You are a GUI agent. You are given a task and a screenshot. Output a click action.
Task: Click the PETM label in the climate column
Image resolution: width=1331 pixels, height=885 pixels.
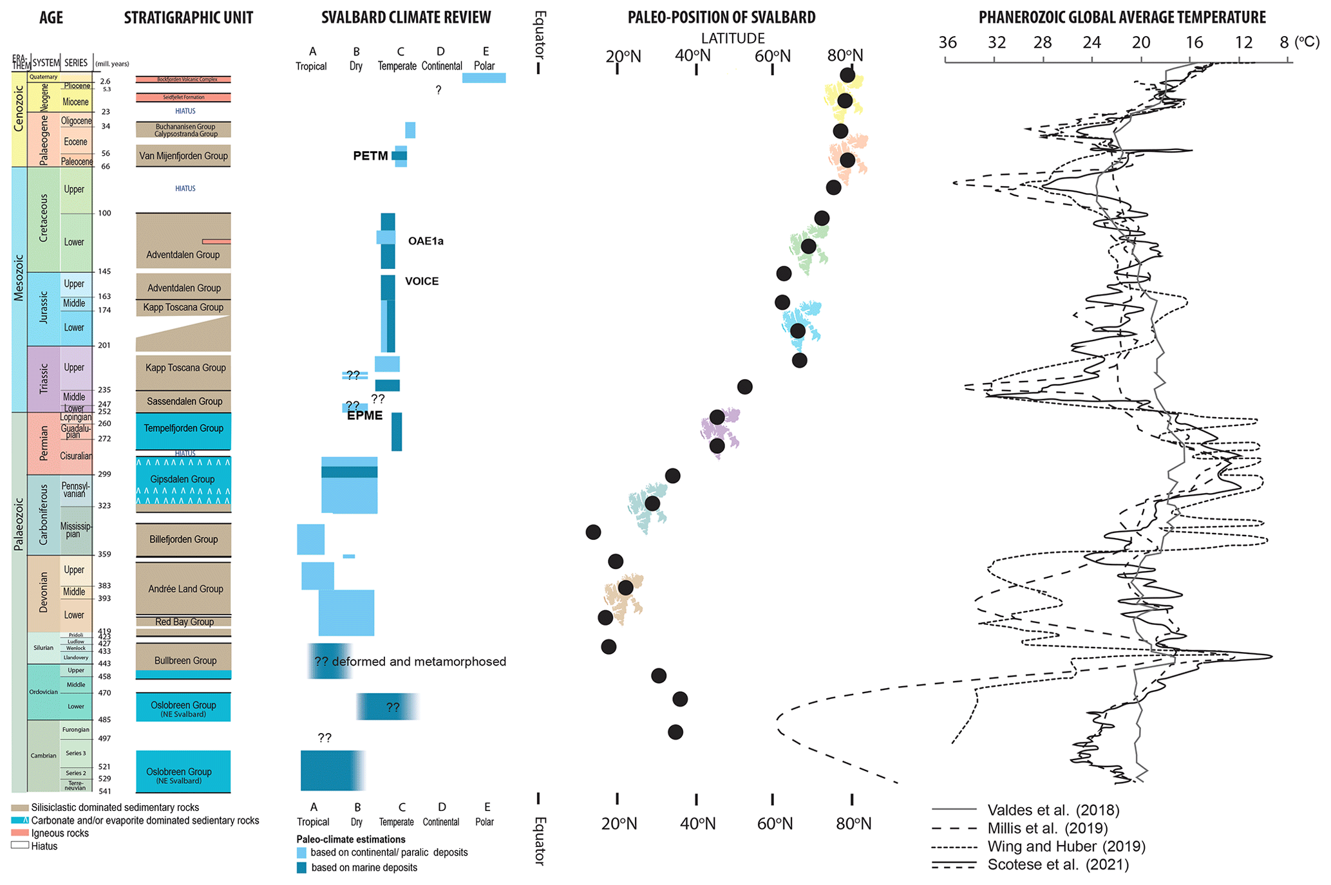[370, 156]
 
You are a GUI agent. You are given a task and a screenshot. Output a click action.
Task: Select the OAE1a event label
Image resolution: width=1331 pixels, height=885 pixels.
[426, 241]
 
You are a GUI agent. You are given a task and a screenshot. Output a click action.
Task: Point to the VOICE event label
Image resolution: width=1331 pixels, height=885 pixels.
[422, 281]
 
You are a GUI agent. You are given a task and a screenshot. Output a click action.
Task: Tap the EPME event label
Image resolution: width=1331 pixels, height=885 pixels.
[364, 416]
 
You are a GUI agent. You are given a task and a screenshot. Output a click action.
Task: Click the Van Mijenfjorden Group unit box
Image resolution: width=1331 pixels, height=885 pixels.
[184, 156]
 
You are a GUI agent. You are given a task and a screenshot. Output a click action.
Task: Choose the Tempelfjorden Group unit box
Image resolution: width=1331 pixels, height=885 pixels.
[184, 429]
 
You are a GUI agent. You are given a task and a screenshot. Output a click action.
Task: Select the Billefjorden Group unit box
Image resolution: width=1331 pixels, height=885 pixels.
[184, 539]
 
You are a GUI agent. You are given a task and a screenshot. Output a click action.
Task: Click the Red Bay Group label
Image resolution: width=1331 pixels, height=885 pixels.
[184, 622]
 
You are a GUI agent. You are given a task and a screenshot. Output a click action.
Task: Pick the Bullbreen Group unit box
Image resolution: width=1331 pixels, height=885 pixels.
[185, 660]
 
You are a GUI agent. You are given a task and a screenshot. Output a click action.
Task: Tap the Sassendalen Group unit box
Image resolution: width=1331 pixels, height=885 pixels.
[184, 402]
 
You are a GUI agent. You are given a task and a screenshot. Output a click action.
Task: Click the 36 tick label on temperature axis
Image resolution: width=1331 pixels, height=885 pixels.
[947, 43]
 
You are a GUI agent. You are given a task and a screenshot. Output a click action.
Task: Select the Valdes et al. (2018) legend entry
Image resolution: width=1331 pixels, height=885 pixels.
[1053, 810]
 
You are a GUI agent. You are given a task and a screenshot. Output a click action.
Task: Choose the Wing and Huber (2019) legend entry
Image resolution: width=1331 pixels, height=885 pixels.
[1066, 846]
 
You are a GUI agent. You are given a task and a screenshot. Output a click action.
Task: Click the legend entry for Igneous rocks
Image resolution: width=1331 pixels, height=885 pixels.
[60, 834]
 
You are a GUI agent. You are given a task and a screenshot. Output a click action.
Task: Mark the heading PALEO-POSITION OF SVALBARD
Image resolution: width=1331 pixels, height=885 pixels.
[721, 17]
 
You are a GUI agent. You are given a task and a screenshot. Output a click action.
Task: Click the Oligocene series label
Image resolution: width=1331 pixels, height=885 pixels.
[76, 121]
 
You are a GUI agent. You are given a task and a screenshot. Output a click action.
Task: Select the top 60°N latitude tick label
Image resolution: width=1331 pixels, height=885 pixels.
[772, 56]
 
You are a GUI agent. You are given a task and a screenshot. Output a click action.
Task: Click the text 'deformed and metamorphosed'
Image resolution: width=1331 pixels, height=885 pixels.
[419, 662]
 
